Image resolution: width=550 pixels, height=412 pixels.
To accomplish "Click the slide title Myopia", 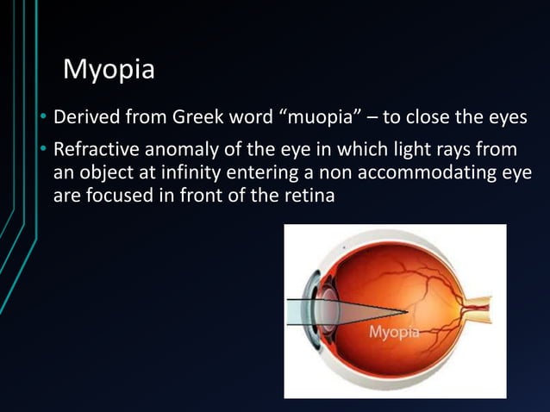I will tap(109, 69).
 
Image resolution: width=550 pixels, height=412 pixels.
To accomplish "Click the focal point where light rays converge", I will tap(407, 310).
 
